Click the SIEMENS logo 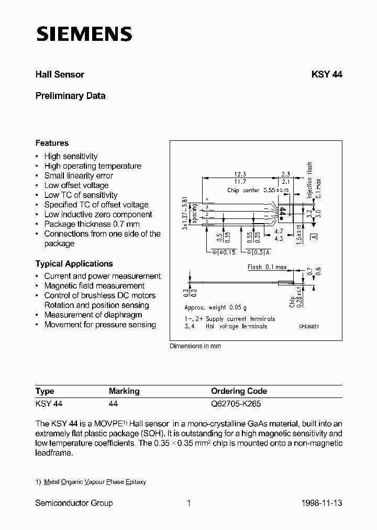(84, 34)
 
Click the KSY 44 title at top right (327, 74)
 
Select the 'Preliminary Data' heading (70, 96)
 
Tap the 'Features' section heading (52, 143)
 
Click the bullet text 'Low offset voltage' (76, 185)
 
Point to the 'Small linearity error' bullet (79, 175)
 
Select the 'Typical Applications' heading (74, 264)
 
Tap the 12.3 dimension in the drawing (240, 174)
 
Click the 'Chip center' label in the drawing (243, 191)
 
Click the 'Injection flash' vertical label (310, 176)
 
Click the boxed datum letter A (314, 237)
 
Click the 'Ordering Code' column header (239, 391)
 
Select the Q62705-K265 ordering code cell (236, 404)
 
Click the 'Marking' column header (124, 391)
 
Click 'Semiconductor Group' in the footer (74, 503)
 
